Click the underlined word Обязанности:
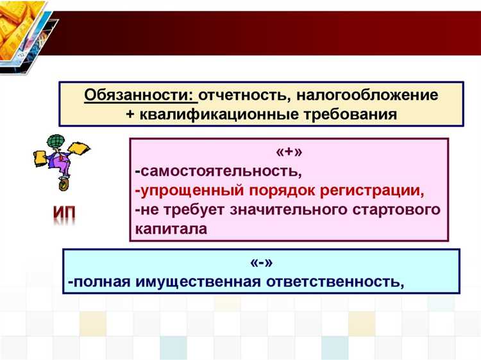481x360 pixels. click(140, 96)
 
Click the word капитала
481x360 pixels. click(171, 228)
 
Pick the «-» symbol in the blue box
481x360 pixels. click(260, 264)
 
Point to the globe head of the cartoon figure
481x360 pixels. click(52, 139)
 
